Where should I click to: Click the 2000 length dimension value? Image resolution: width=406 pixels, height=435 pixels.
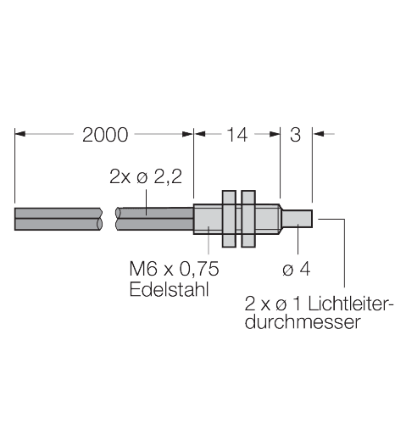point(105,135)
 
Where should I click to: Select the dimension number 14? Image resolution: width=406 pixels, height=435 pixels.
point(237,135)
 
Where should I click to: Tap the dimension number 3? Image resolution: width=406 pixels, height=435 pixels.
point(295,135)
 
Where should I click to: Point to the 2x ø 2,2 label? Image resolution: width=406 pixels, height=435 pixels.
point(146,177)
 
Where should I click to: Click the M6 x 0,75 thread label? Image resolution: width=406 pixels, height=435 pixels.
point(174,269)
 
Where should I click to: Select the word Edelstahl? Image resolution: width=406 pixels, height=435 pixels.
point(169,289)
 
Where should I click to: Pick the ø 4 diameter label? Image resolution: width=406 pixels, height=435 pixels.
point(297,269)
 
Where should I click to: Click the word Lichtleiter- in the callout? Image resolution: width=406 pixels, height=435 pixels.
point(350,304)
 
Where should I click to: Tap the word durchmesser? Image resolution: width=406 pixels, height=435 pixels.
point(303,321)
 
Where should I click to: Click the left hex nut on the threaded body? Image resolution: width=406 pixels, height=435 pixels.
point(229,219)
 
